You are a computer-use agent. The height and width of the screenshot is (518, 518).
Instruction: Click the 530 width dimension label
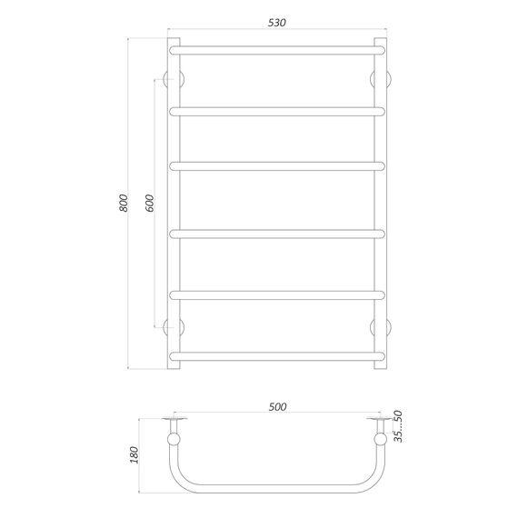pyautogui.click(x=278, y=23)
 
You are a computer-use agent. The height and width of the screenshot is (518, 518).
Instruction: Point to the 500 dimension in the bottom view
pyautogui.click(x=278, y=406)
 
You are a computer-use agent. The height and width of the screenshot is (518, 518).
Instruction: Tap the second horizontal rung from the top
pyautogui.click(x=278, y=109)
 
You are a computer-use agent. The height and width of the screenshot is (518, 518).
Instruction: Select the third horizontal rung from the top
pyautogui.click(x=278, y=165)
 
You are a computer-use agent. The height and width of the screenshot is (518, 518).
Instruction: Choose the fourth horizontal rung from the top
pyautogui.click(x=278, y=234)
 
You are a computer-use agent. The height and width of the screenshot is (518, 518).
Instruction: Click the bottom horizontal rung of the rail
pyautogui.click(x=278, y=354)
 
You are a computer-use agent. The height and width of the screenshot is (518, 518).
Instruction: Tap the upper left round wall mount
pyautogui.click(x=174, y=78)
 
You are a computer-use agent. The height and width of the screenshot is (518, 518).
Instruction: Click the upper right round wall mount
pyautogui.click(x=382, y=78)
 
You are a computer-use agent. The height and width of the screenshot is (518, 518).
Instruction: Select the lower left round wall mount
pyautogui.click(x=174, y=325)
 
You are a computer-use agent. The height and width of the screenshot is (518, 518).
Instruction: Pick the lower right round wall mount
pyautogui.click(x=382, y=325)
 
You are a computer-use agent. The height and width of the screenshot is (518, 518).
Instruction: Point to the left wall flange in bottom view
pyautogui.click(x=174, y=419)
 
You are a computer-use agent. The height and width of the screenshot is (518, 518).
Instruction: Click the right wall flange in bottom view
pyautogui.click(x=382, y=419)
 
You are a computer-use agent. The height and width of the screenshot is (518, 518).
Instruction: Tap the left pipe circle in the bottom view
pyautogui.click(x=174, y=443)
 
